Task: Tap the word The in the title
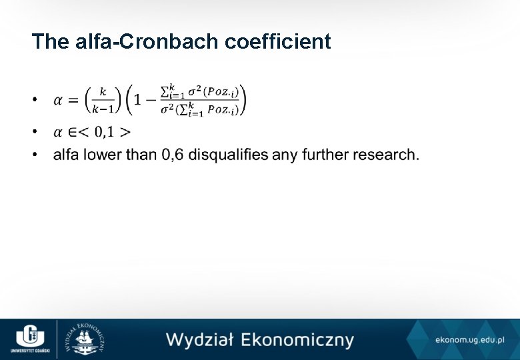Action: [49, 42]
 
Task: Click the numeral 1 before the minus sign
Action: [137, 100]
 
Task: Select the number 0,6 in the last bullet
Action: [173, 155]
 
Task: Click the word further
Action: [323, 155]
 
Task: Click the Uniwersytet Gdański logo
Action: [29, 338]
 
